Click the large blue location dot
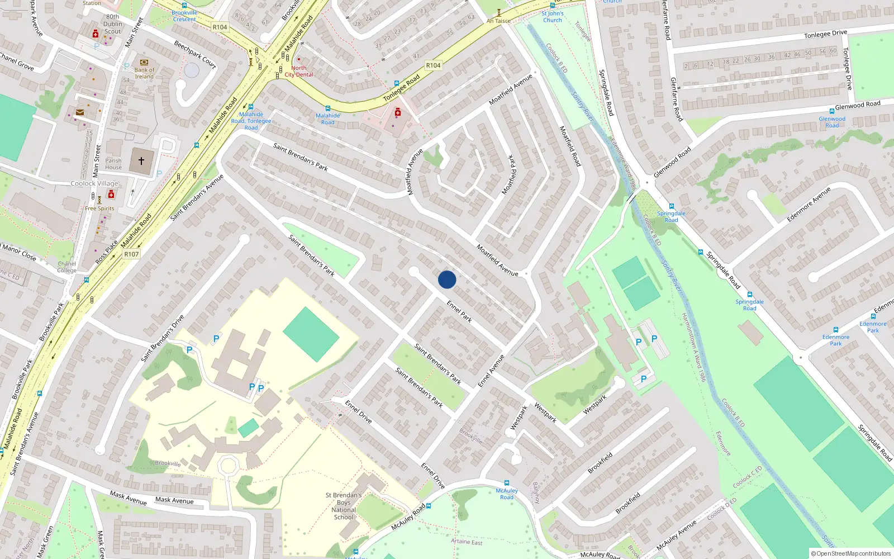tap(447, 279)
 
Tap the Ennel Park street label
tap(459, 311)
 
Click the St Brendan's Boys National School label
tap(344, 506)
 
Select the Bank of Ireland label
tap(144, 73)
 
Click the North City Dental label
tap(299, 71)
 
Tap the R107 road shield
tap(131, 254)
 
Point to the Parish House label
tap(113, 164)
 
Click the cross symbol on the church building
tap(141, 161)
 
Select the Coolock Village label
tap(94, 183)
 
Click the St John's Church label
tap(553, 17)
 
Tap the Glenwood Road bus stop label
tap(832, 122)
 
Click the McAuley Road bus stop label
tap(507, 494)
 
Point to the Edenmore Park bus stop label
tap(836, 340)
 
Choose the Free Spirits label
tap(99, 209)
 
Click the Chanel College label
tap(66, 267)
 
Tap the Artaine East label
tap(467, 542)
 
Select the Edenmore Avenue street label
tap(809, 205)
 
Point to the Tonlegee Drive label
tap(825, 34)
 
